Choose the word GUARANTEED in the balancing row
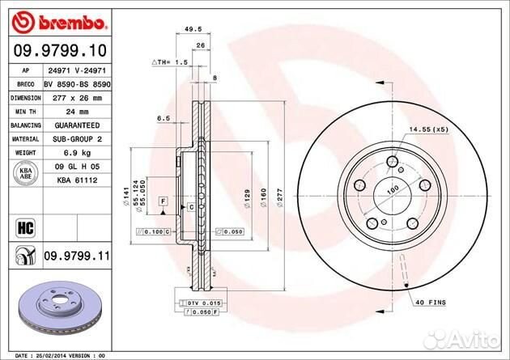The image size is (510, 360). (x=78, y=125)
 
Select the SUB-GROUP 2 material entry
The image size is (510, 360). (x=78, y=139)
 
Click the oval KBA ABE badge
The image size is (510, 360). (x=22, y=173)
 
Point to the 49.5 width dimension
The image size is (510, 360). (x=193, y=30)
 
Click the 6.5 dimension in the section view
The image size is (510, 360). (x=163, y=118)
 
